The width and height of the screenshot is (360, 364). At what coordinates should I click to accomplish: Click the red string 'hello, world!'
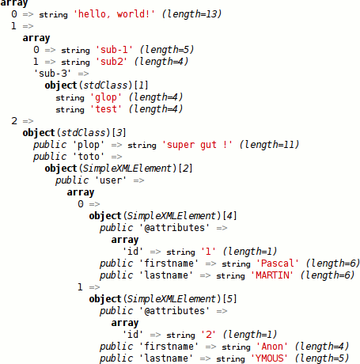(x=114, y=14)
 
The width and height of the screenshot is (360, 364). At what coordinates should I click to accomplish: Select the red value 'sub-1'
(x=114, y=50)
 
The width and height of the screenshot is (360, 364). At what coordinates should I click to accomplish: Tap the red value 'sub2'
(x=112, y=62)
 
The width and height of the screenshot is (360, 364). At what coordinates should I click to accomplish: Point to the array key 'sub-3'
(x=52, y=74)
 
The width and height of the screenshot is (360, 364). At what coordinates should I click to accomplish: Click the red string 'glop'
(x=106, y=97)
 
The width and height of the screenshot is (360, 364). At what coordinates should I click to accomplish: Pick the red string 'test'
(x=106, y=109)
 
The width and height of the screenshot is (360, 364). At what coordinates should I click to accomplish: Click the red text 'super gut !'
(x=197, y=145)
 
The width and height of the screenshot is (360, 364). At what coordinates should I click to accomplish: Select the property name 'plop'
(x=89, y=145)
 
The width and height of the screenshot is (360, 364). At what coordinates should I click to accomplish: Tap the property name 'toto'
(x=89, y=157)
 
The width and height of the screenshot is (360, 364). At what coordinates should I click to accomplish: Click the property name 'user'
(x=111, y=180)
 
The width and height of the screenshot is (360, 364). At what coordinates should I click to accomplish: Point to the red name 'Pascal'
(x=278, y=264)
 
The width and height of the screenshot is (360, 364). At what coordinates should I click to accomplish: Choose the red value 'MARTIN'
(x=272, y=275)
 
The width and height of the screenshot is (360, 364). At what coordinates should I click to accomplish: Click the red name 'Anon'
(x=272, y=347)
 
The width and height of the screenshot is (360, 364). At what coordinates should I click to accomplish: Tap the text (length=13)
(x=191, y=14)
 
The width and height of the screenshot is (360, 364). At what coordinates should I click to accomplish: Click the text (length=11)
(x=269, y=145)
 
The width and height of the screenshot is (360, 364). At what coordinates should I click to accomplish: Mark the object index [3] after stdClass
(x=119, y=133)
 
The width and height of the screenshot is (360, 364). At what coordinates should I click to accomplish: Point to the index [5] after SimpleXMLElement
(x=229, y=299)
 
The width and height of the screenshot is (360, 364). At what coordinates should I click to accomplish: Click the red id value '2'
(x=208, y=335)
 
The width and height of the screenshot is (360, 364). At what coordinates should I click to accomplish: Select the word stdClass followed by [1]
(x=105, y=85)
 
